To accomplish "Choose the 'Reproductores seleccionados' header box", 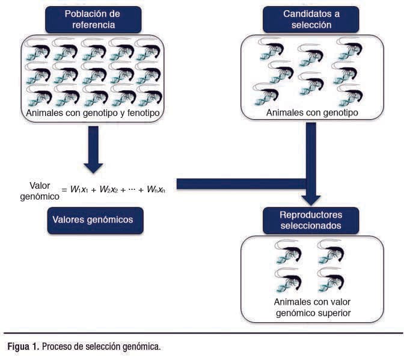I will pos(311,220).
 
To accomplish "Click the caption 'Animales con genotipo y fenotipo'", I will pos(93,112).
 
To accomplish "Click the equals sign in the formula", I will pos(64,190).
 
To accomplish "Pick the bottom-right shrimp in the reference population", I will pos(148,96).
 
